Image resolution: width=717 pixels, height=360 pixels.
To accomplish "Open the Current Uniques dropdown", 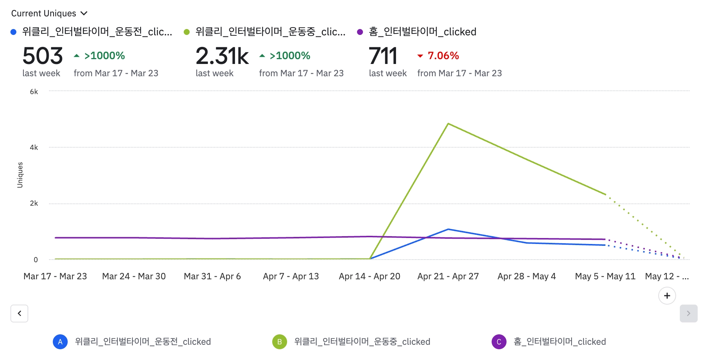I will point(49,13).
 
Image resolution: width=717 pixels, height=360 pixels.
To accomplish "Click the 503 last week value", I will point(42,56).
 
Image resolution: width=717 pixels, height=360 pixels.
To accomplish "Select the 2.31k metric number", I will point(222,56).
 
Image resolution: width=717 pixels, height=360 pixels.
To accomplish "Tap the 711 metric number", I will point(383,56).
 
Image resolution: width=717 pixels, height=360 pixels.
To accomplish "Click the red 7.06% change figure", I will point(443,56).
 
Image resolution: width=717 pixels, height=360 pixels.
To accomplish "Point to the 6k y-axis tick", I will point(34,92).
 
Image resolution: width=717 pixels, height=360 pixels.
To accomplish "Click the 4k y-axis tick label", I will point(34,148).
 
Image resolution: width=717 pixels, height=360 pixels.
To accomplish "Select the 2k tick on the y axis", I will point(34,203).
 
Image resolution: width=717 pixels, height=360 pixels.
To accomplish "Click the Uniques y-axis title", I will point(20,175).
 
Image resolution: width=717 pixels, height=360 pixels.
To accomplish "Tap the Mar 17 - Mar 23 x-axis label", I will point(55,276).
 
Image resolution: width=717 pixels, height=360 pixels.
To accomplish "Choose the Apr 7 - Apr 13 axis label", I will point(291,276).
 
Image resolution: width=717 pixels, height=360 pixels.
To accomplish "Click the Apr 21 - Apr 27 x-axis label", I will point(448,276).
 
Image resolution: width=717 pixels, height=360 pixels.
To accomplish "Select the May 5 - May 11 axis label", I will point(605,276).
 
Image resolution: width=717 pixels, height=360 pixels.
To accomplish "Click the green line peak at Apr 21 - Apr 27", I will point(448,123).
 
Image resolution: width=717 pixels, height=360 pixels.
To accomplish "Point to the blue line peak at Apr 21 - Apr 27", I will point(448,229).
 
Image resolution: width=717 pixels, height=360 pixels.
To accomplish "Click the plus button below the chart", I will point(667,296).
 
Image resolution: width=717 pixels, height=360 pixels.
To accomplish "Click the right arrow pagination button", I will point(688,314).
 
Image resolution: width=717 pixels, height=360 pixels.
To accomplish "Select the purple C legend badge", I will point(499,342).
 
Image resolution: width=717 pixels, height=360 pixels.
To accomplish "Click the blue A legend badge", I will point(60,342).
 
